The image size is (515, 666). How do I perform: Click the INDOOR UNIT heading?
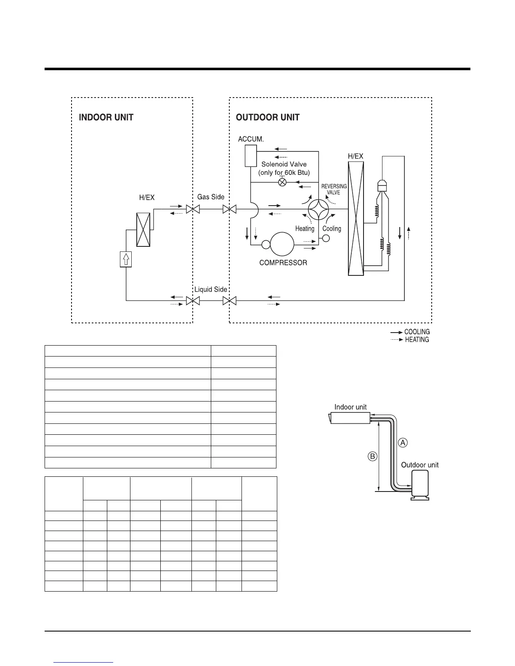coord(106,117)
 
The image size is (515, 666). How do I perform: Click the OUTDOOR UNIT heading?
coord(268,117)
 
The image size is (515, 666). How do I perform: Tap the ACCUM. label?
coord(251,139)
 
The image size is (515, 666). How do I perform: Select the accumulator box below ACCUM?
coord(251,156)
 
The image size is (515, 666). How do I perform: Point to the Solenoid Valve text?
coord(284,164)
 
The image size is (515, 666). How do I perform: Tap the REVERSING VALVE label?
coord(334,189)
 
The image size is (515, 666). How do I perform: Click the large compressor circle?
coord(282,244)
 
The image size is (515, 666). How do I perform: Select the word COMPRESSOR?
coord(283,263)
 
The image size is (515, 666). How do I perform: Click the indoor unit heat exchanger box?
coord(143,230)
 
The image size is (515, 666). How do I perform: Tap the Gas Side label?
coord(211,197)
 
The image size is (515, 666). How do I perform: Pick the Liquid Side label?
coord(210,289)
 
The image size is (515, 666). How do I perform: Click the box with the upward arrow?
coord(126,259)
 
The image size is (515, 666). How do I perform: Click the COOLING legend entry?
coord(417,332)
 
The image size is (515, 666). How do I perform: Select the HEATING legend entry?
coord(417,340)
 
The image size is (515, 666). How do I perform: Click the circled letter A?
coord(403,442)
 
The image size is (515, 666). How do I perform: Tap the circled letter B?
coord(372,456)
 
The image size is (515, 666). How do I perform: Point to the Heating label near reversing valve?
coord(305,229)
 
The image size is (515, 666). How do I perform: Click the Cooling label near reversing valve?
coord(332,229)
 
